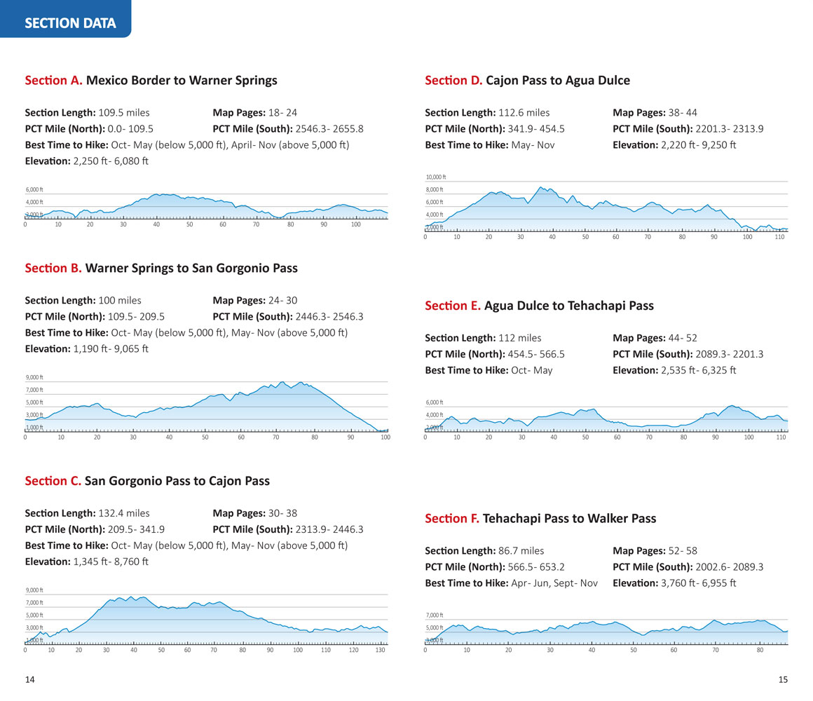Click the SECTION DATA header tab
pos(70,23)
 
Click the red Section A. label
pos(53,80)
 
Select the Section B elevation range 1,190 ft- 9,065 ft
pos(111,348)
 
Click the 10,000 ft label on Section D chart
pos(436,177)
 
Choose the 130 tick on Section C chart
pos(380,650)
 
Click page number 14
pos(30,679)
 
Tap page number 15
pos(783,679)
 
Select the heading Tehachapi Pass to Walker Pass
pos(569,519)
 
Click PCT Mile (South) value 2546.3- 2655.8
pos(329,129)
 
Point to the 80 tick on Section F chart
pos(760,650)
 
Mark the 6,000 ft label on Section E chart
pos(435,402)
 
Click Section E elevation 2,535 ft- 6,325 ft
pos(699,370)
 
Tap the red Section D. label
pos(453,80)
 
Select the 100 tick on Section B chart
pos(385,437)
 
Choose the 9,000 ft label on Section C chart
pos(34,590)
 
